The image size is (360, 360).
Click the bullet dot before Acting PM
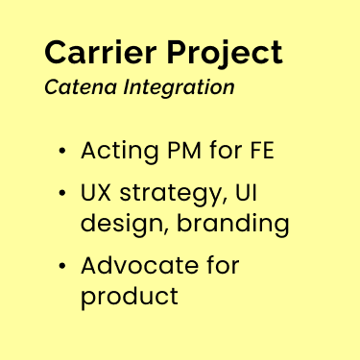coord(62,152)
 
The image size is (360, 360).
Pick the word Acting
coord(119,153)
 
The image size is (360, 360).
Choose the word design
coord(117,225)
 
